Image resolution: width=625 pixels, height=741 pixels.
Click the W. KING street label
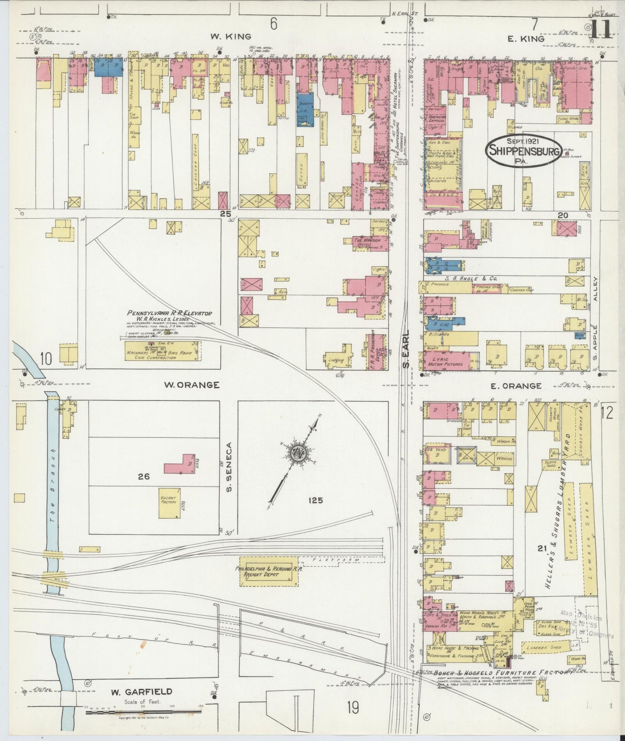224,36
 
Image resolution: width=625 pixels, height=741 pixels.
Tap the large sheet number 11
600,29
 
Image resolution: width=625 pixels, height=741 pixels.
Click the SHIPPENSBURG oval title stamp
524,151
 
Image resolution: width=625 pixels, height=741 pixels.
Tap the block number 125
316,501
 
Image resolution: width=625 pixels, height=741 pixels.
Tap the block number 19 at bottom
353,708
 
